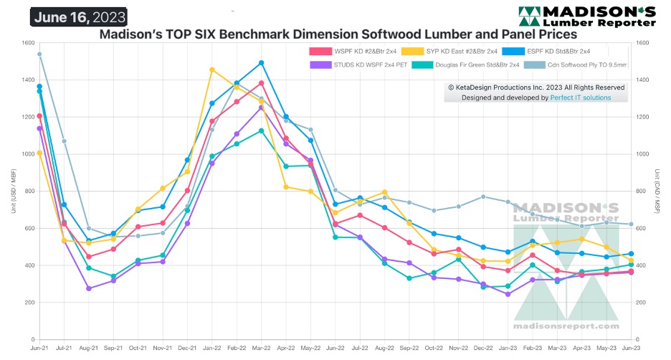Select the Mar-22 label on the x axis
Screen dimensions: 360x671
(x=261, y=348)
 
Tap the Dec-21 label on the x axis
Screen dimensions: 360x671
(x=187, y=348)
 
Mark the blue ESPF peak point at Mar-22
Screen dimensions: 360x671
(x=261, y=63)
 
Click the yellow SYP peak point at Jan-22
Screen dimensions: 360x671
(x=211, y=70)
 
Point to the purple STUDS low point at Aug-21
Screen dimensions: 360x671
(x=89, y=288)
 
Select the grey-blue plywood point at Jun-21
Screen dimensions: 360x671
(x=39, y=54)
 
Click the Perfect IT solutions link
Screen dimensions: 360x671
(x=581, y=97)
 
